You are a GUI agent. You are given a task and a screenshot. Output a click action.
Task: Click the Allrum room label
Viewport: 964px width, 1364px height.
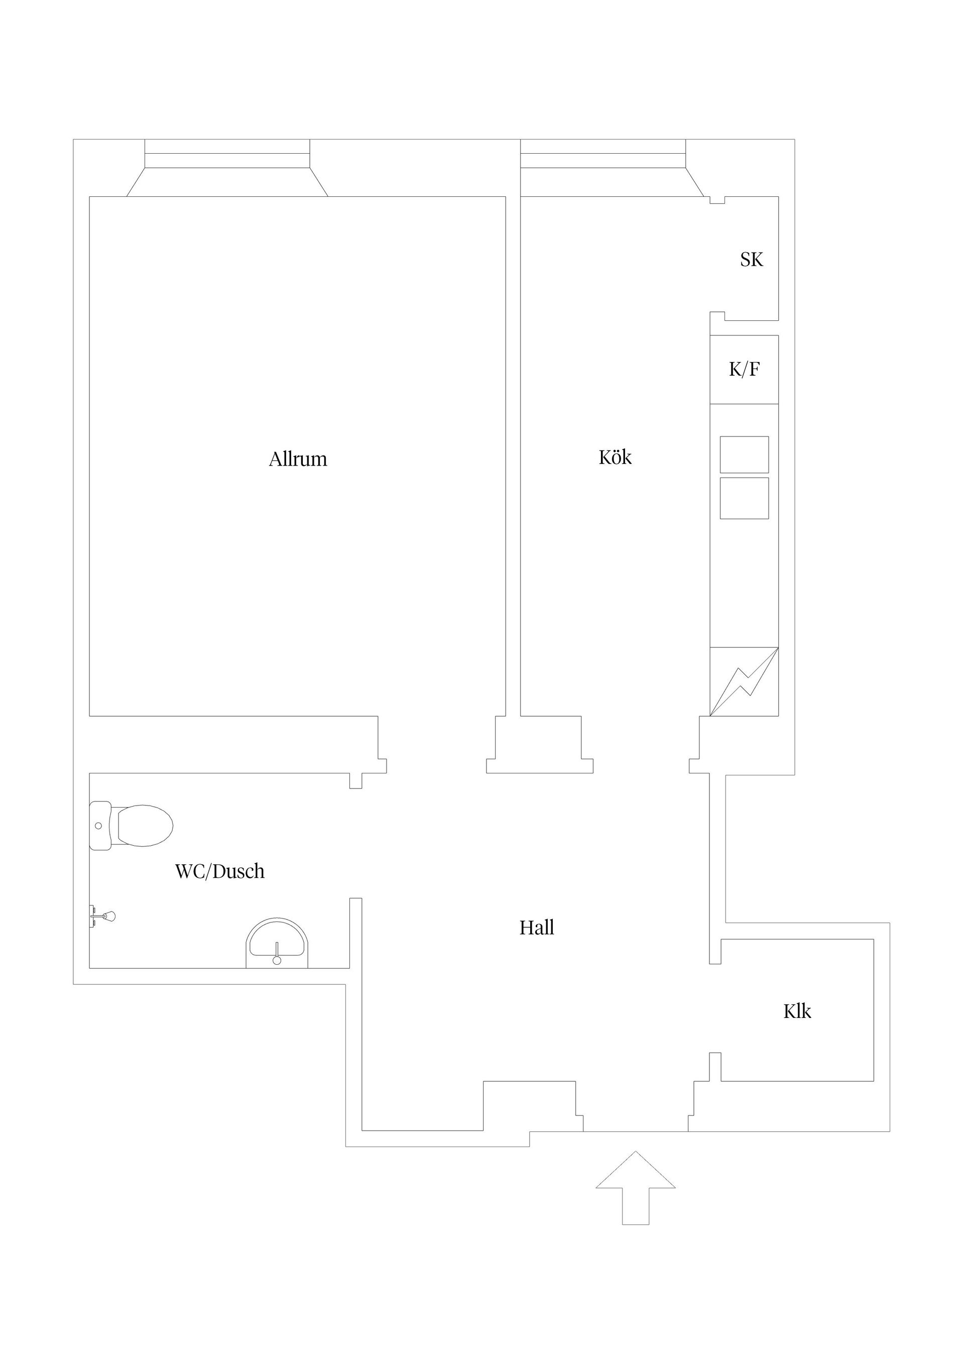click(298, 459)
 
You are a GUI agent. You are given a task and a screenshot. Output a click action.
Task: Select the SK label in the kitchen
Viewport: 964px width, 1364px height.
click(751, 260)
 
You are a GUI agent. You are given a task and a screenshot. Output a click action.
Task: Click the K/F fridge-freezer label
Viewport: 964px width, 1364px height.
click(744, 370)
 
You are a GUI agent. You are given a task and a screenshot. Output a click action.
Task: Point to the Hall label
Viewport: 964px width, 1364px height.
click(536, 928)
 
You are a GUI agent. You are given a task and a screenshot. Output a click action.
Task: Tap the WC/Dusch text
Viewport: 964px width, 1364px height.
click(219, 871)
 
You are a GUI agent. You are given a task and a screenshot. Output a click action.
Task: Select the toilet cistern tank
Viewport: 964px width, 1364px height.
click(100, 826)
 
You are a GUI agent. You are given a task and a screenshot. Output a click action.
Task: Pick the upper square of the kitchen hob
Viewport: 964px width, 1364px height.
click(744, 454)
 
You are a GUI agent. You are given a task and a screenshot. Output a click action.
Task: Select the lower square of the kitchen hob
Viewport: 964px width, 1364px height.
click(744, 498)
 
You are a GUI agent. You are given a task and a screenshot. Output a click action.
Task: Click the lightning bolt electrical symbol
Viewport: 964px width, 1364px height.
click(744, 681)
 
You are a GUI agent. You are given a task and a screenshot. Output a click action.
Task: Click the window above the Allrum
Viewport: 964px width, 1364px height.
click(227, 153)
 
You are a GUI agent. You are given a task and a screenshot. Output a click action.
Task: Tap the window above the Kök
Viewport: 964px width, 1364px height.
click(602, 153)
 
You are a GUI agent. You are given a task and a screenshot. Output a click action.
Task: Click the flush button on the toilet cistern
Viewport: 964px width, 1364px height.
click(98, 826)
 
